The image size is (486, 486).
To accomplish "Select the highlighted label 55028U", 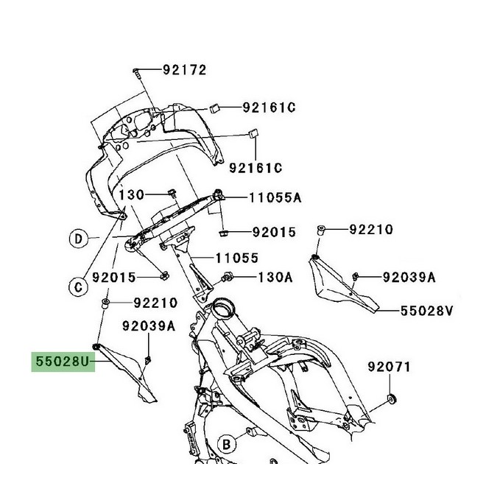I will coord(63,364).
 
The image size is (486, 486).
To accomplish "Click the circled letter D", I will coord(76,238).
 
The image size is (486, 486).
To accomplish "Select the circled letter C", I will coord(76,286).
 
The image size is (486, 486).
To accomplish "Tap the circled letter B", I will coord(228,443).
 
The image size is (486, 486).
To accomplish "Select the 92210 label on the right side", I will coord(371,230).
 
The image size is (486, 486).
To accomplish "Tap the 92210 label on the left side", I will coord(155,303).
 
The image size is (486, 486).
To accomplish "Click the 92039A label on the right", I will coord(408,277).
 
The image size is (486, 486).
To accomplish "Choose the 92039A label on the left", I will coord(150,325).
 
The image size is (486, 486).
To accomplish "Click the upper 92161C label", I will coord(269,108).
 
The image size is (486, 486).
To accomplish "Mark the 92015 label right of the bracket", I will coord(273,233).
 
